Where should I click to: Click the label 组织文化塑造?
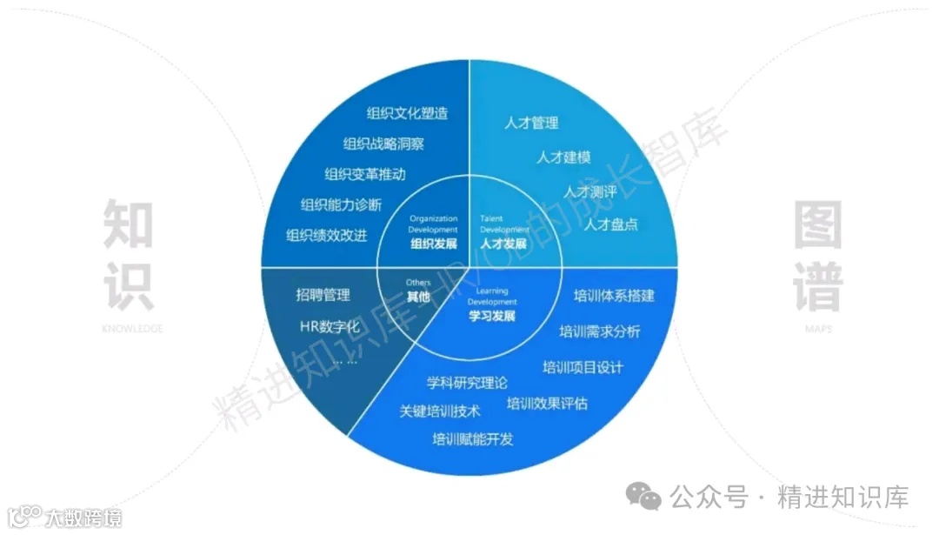coord(407,114)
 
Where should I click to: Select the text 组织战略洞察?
coord(383,144)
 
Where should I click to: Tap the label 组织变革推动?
coord(364,175)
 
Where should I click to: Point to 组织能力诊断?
coord(341,205)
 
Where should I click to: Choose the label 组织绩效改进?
coord(326,235)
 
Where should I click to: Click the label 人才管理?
coord(531,124)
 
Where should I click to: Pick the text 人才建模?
coord(563,157)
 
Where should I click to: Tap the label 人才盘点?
coord(610,224)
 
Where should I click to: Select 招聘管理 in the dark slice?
coord(323,296)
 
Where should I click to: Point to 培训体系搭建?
coord(614,296)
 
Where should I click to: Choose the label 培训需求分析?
coord(599,331)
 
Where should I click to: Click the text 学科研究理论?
coord(467,383)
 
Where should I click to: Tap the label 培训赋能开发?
coord(472,439)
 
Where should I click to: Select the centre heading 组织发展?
coord(433,244)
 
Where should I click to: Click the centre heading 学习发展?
coord(491,316)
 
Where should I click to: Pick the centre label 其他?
coord(418,297)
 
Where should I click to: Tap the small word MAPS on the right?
coord(816,330)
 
